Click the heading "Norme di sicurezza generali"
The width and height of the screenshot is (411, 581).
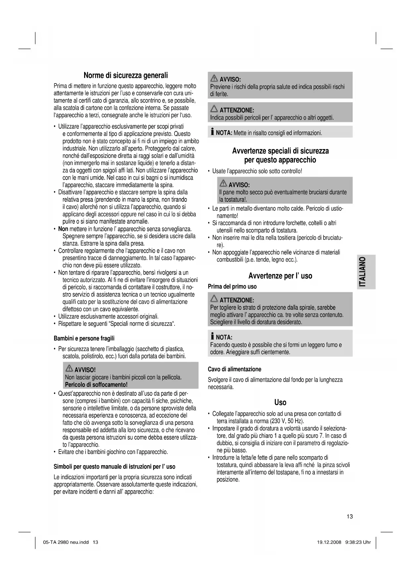pyautogui.click(x=126, y=75)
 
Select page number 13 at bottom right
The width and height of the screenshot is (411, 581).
pyautogui.click(x=350, y=516)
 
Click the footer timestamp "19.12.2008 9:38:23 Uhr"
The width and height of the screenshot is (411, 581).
pyautogui.click(x=342, y=542)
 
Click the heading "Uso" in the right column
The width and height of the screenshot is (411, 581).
pyautogui.click(x=280, y=402)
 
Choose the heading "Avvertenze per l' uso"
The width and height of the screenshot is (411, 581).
pyautogui.click(x=280, y=276)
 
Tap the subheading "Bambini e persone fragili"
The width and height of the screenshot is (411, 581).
pyautogui.click(x=84, y=338)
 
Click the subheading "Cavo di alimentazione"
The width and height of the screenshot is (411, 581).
pyautogui.click(x=234, y=369)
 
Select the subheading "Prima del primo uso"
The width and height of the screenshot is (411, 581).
pyautogui.click(x=232, y=287)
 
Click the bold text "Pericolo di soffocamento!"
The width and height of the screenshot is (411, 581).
pyautogui.click(x=96, y=385)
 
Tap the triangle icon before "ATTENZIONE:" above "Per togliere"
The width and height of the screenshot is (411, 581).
pyautogui.click(x=215, y=299)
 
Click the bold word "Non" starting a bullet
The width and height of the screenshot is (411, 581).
pyautogui.click(x=63, y=229)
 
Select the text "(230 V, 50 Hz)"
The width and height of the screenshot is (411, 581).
pyautogui.click(x=286, y=421)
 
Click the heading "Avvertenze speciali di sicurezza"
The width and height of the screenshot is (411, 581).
pyautogui.click(x=280, y=151)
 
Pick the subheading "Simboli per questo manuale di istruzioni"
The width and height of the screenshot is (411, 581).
pyautogui.click(x=115, y=466)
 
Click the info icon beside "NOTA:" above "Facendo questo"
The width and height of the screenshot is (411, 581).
pyautogui.click(x=212, y=337)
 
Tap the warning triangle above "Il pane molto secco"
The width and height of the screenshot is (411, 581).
pyautogui.click(x=223, y=184)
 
